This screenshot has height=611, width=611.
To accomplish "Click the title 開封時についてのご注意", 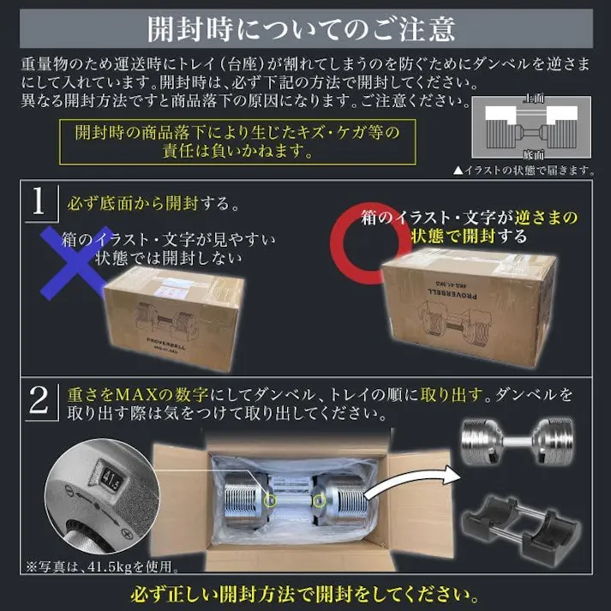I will click(x=305, y=28).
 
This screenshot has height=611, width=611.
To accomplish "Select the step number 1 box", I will click(x=37, y=203).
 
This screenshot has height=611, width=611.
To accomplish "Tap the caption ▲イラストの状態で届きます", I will click(x=524, y=171).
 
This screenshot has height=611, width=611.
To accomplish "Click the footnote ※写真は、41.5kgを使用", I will click(x=103, y=566).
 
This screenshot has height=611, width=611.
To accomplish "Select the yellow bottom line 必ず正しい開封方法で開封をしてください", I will click(x=305, y=593).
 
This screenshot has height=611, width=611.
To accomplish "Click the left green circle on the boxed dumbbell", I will click(x=272, y=499).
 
